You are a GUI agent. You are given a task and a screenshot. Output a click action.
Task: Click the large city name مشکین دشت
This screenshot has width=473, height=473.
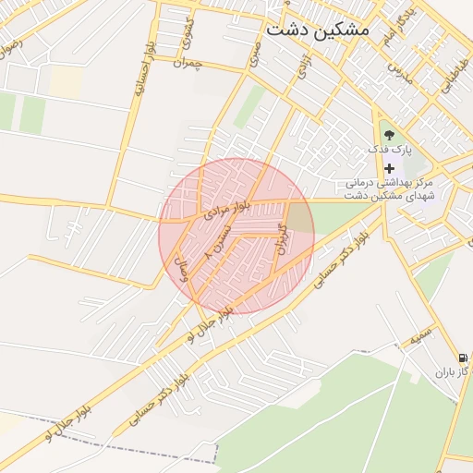[317, 30]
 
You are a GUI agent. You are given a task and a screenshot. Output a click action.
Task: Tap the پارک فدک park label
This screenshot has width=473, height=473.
[392, 149]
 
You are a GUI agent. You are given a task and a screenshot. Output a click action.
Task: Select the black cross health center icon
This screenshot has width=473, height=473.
[389, 168]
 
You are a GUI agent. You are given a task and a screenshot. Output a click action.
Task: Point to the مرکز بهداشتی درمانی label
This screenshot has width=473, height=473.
[395, 183]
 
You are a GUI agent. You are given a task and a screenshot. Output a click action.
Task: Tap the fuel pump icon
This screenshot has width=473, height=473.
[461, 358]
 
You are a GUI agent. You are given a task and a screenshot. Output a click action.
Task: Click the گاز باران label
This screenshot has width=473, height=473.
[454, 372]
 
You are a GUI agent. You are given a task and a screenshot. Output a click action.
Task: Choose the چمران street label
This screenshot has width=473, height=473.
[187, 63]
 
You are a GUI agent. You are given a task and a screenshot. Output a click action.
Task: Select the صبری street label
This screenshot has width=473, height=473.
[254, 53]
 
